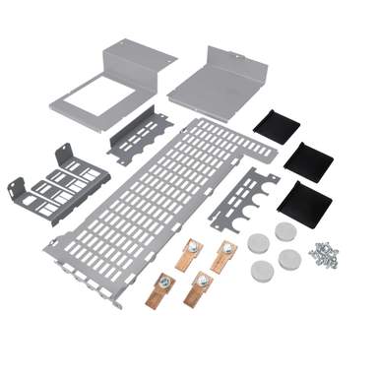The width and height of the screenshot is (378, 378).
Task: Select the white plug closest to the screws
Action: [x=289, y=262]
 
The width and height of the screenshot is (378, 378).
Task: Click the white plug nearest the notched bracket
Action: [x=258, y=240]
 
